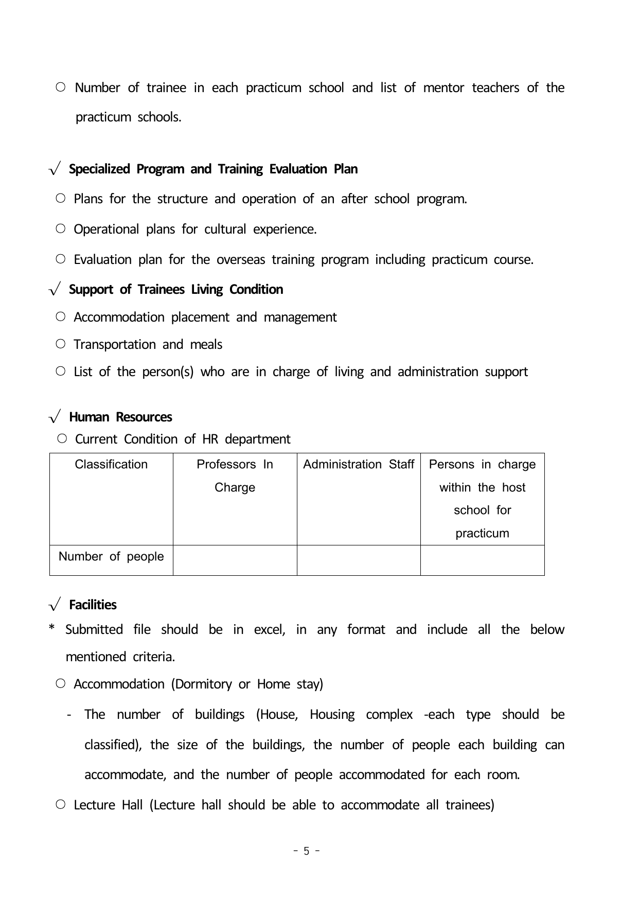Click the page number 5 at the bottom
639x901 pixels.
[x=307, y=851]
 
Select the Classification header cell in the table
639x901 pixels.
[x=111, y=465]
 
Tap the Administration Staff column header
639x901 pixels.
[x=359, y=465]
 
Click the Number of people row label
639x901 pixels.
[x=111, y=557]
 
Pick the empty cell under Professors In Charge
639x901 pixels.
[x=235, y=560]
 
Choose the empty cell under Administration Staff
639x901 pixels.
[x=359, y=560]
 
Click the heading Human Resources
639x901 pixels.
[x=120, y=417]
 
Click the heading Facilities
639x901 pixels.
[x=93, y=605]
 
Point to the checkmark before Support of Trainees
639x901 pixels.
[x=55, y=290]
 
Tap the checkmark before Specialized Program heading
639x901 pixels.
[x=55, y=169]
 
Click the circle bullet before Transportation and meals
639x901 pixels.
[x=61, y=344]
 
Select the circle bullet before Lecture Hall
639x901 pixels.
[x=61, y=804]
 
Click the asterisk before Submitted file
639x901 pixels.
[x=51, y=629]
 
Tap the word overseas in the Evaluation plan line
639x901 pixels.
[x=240, y=260]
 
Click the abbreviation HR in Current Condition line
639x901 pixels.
[x=210, y=439]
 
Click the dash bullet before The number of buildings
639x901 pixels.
[x=69, y=715]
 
